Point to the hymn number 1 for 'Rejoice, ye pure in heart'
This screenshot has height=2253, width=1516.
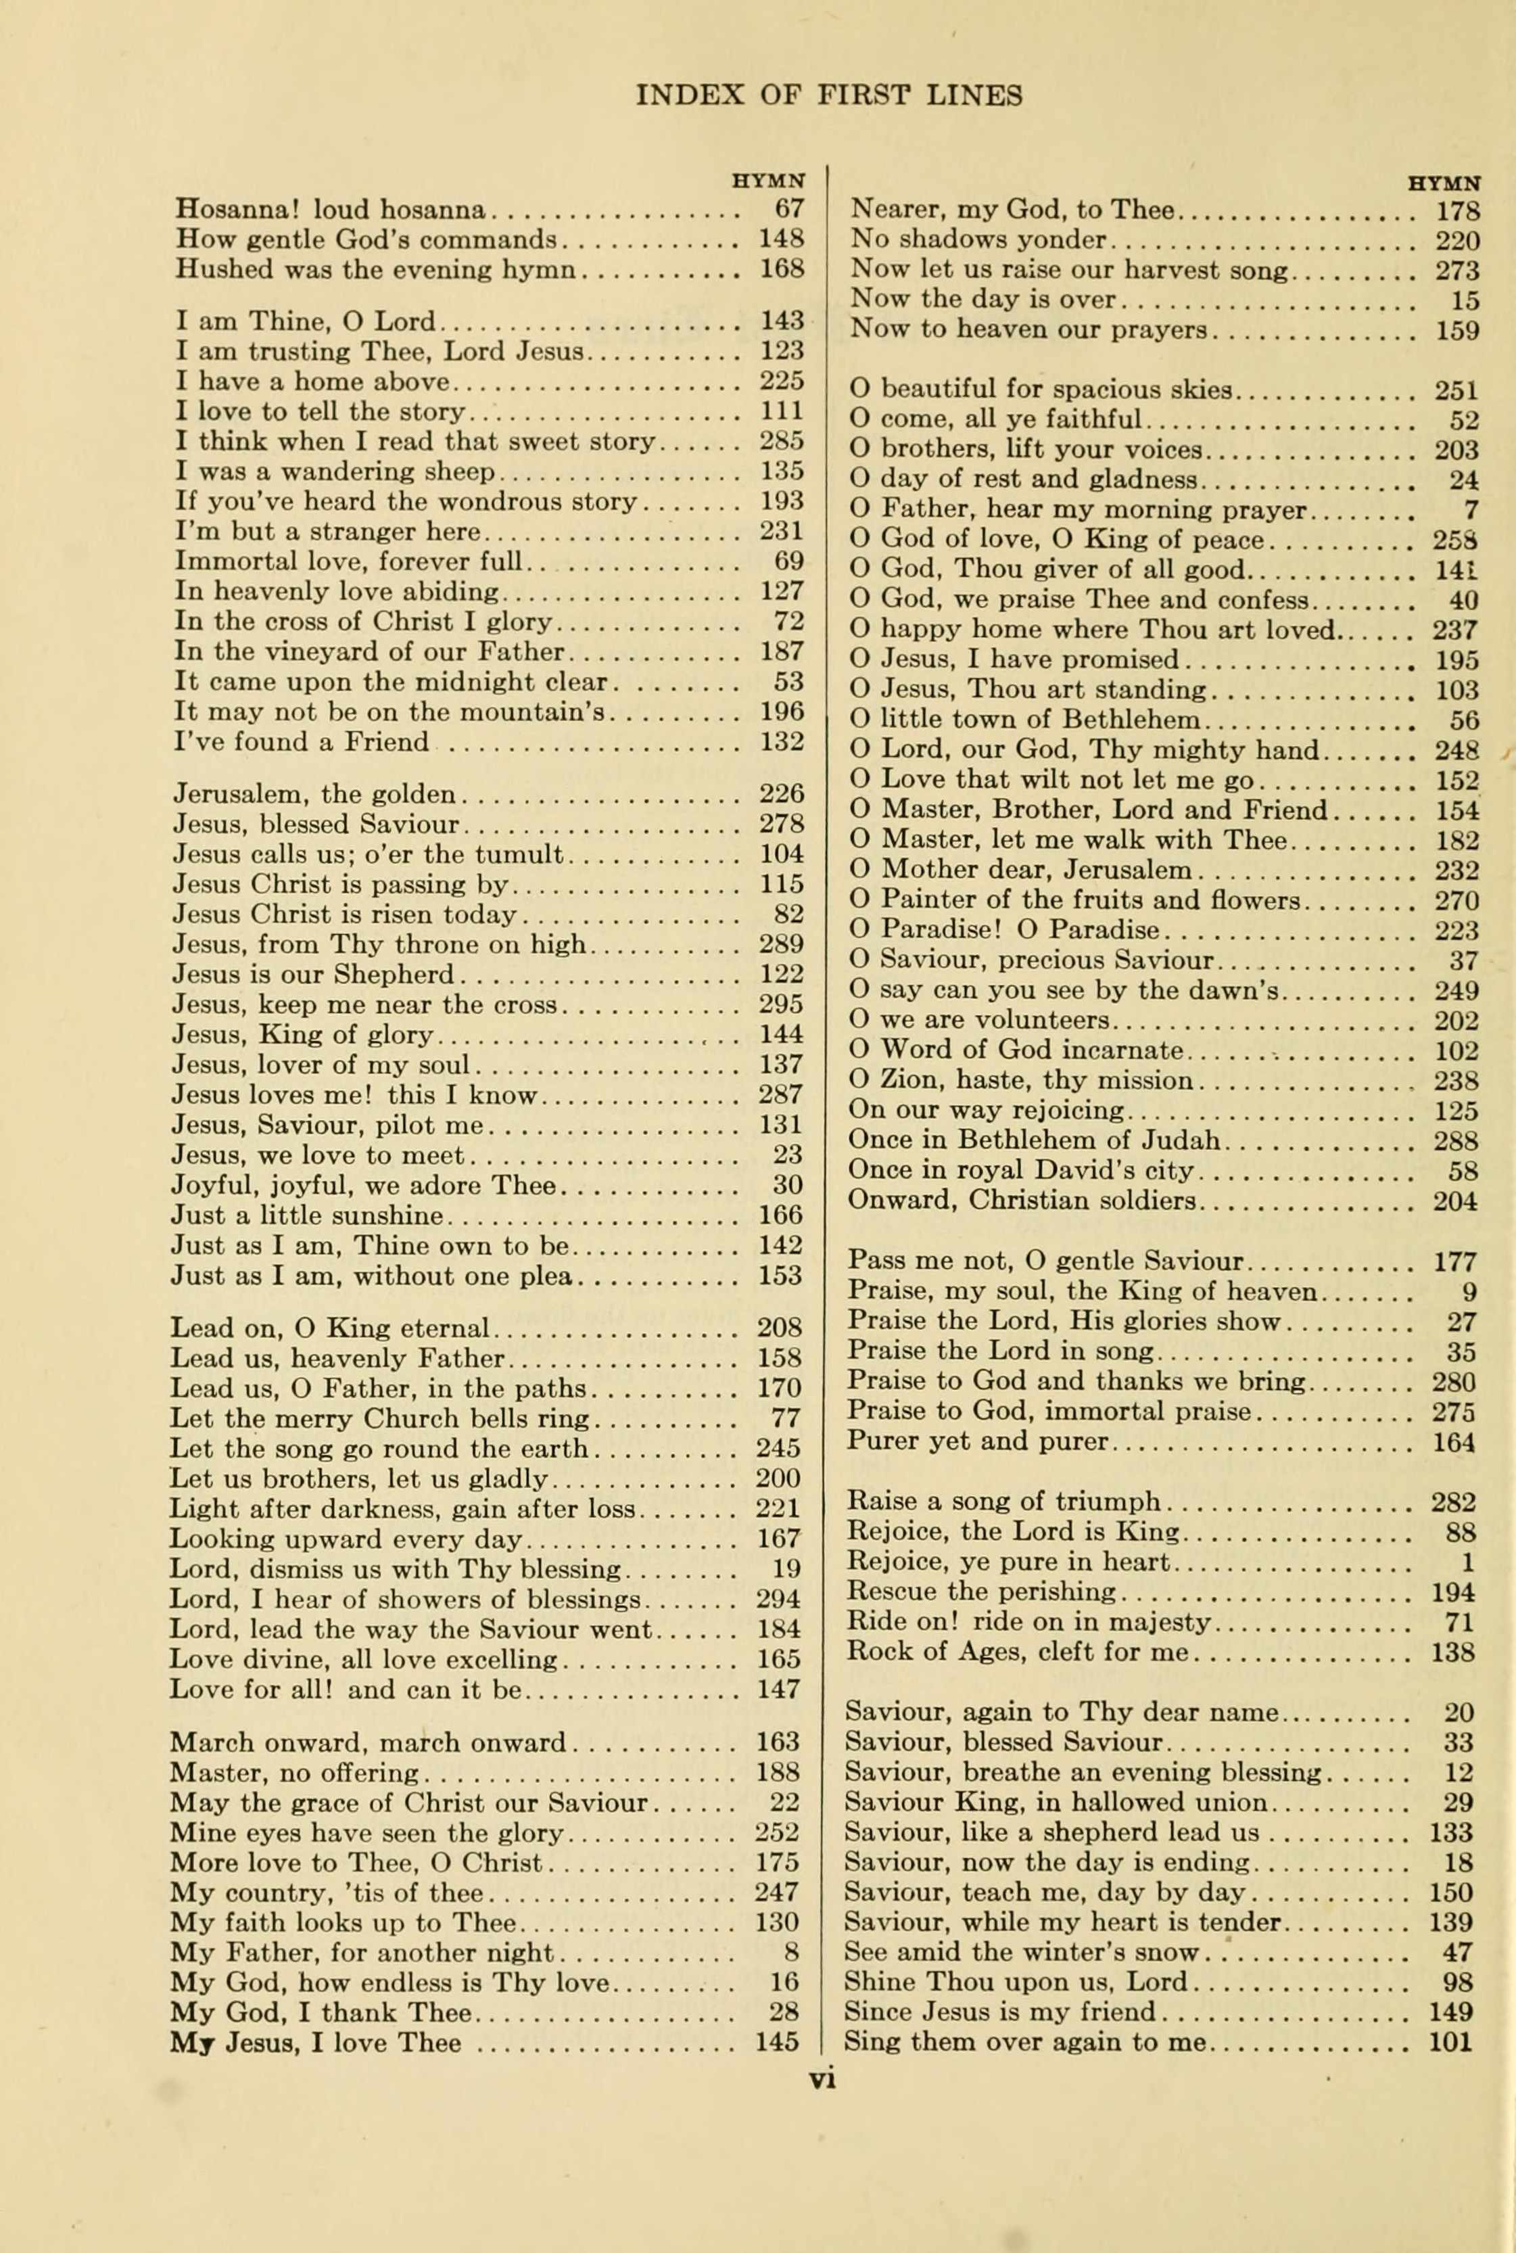[1468, 1562]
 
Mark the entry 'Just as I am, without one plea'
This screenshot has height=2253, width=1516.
[371, 1276]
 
